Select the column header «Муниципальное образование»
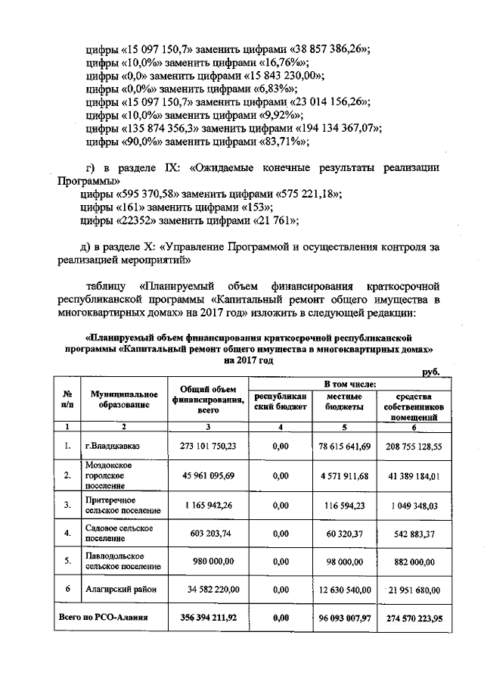[123, 399]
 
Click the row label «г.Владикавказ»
[110, 446]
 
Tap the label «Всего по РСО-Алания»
[103, 618]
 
